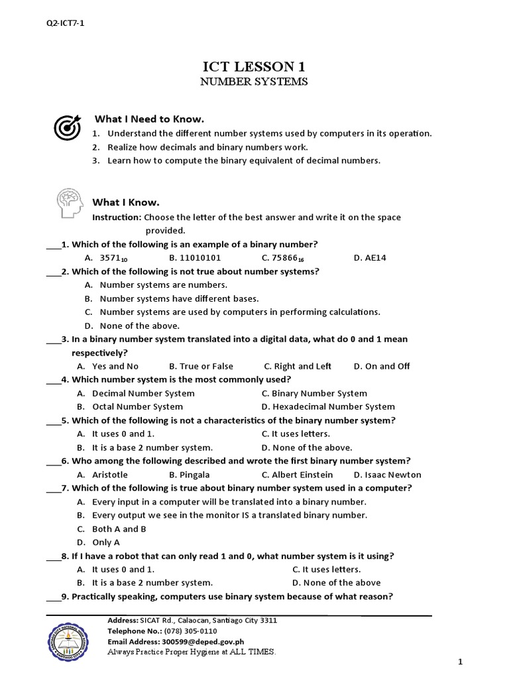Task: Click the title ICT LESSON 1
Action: (x=254, y=66)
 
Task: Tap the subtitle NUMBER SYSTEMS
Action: (x=254, y=82)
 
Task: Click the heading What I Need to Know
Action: (x=149, y=119)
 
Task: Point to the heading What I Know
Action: (x=126, y=202)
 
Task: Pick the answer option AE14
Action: (x=375, y=258)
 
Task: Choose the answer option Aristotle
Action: (x=110, y=475)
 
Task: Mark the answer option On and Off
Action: (x=387, y=366)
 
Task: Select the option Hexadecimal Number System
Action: (x=333, y=406)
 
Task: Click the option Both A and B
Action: (x=119, y=529)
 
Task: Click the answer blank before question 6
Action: (x=53, y=462)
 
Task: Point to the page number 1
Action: (x=460, y=662)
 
